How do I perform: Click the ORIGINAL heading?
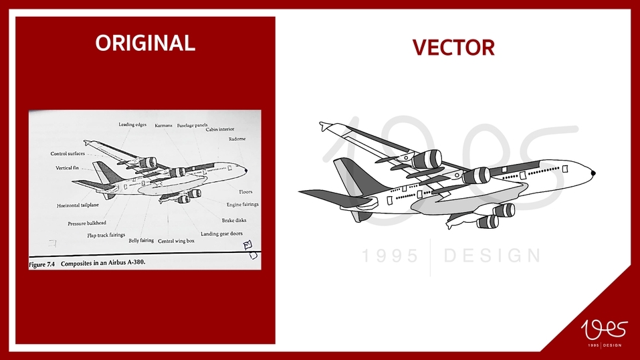coord(145,43)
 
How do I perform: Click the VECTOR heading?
coord(453,48)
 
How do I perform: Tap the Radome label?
coord(237,139)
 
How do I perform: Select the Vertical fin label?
coord(68,168)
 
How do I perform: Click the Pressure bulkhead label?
coord(87,223)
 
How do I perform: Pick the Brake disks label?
coord(234,220)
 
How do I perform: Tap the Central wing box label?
coord(176,241)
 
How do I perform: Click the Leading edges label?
coord(132,124)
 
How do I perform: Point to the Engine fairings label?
coord(242,205)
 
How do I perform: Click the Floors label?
coord(245,192)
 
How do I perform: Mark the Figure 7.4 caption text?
coord(87,263)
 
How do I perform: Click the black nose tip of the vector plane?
coord(593,173)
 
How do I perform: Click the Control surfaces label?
coord(68,154)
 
